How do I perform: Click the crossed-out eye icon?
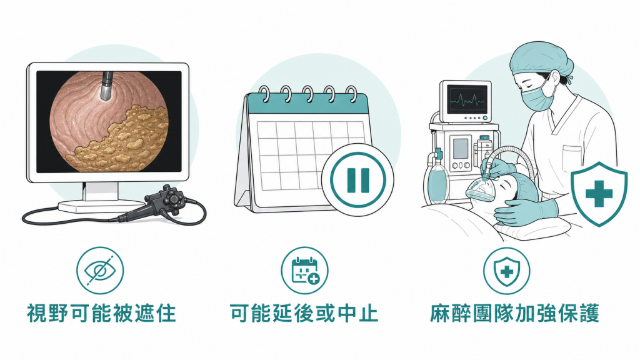(100, 270)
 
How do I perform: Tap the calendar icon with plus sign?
(304, 270)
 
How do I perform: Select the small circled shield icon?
(506, 270)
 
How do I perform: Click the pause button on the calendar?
(358, 179)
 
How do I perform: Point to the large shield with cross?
(599, 194)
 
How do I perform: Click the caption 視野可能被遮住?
(102, 314)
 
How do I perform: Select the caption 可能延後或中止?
(304, 314)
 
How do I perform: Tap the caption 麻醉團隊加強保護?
(514, 314)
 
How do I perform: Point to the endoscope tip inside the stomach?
(107, 86)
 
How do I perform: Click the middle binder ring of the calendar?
(309, 94)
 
